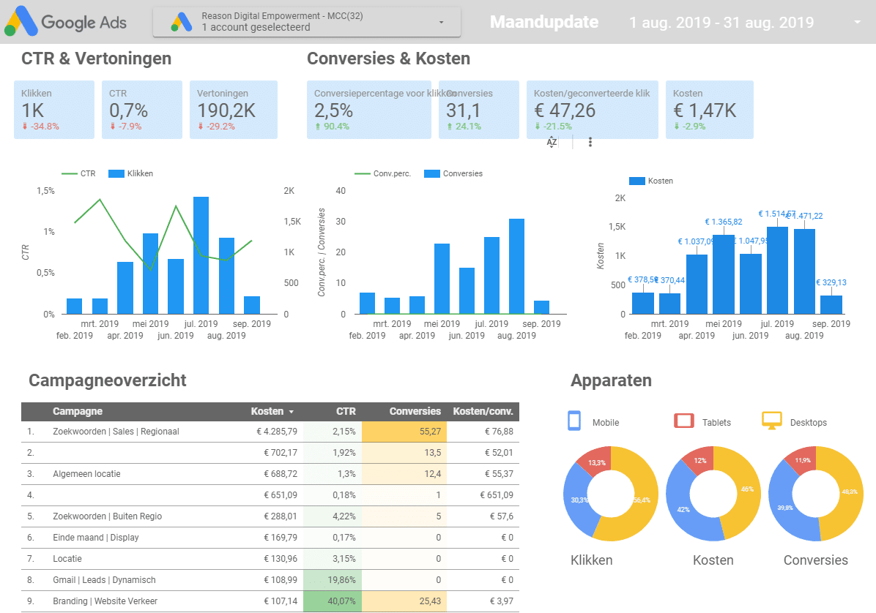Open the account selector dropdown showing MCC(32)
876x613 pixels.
tap(307, 22)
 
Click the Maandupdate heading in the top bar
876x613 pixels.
tap(543, 23)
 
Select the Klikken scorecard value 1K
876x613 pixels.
tap(33, 110)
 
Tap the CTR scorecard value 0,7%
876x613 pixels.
tap(128, 110)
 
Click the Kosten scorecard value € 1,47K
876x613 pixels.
tap(704, 110)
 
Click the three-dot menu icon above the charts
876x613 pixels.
tap(590, 142)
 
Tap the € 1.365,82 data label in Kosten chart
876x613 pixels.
tap(723, 222)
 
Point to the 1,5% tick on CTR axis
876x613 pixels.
tap(45, 190)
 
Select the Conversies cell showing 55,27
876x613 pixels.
tap(404, 432)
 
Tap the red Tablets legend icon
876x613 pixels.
tap(683, 421)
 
